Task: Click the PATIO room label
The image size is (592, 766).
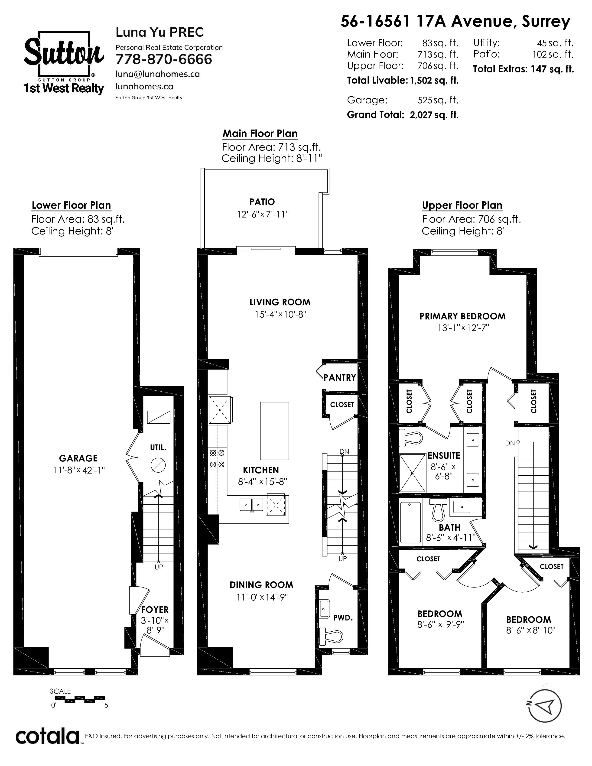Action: (x=262, y=202)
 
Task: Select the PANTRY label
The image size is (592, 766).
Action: (x=339, y=377)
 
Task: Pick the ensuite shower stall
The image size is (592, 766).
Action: (x=413, y=473)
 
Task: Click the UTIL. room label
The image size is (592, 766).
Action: (x=158, y=448)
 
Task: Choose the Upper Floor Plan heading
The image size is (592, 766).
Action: (x=462, y=205)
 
